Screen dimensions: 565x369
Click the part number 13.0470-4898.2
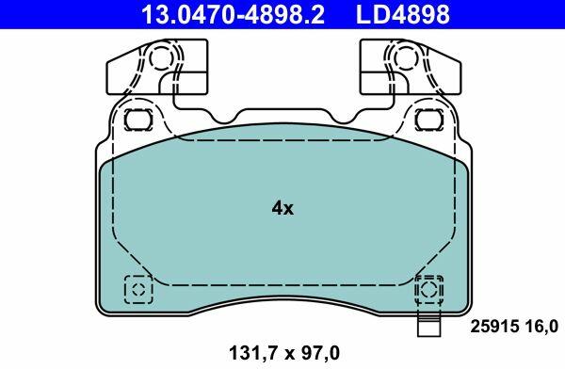coord(233,14)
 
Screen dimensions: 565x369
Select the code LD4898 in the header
coord(403,14)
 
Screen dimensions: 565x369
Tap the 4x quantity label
coord(282,208)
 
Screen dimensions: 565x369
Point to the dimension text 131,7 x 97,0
coord(284,353)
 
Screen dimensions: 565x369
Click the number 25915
coord(494,327)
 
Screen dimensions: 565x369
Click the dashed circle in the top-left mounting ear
coord(161,57)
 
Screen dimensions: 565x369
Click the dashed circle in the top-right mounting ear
coord(406,57)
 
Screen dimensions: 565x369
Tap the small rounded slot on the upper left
coord(138,120)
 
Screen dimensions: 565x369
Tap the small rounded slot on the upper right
coord(428,120)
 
